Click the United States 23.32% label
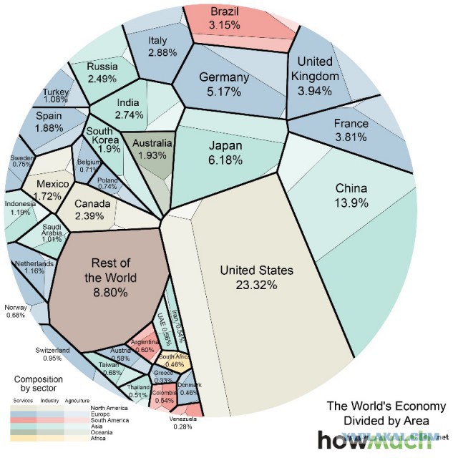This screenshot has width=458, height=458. coord(256,277)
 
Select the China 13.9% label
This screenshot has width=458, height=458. coord(351,195)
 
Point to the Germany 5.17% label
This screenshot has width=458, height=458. coord(223,84)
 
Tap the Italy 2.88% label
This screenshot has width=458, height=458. coord(157,46)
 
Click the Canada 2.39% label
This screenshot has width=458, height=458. coord(93,208)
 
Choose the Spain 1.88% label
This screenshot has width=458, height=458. coord(49,121)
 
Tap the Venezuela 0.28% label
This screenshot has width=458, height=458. coord(186,422)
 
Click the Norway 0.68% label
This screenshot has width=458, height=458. coord(16,310)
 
